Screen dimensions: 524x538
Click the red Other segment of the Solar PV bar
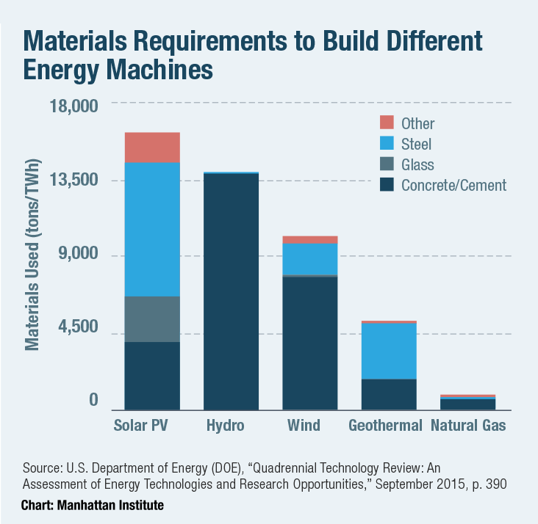click(152, 148)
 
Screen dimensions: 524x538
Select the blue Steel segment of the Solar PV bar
click(152, 229)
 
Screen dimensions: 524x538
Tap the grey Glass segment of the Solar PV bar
click(152, 319)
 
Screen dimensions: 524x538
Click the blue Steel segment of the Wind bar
click(309, 258)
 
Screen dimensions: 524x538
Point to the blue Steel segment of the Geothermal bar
click(388, 351)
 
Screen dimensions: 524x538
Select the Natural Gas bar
click(467, 403)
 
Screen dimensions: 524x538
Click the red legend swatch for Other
click(387, 123)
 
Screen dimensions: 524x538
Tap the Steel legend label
click(416, 144)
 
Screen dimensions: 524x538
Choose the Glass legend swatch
click(387, 164)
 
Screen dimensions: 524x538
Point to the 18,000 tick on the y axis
click(73, 106)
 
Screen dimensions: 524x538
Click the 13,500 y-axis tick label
click(73, 181)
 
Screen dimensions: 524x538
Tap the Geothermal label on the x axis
click(385, 426)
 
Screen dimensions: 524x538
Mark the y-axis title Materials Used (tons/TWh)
click(32, 253)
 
